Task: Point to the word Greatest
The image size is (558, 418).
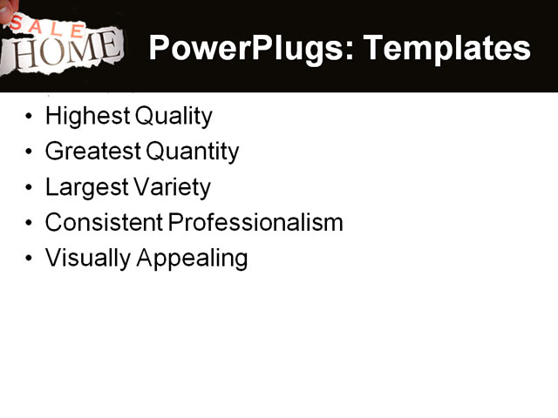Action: coord(92,152)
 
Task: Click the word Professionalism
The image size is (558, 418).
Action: coord(255,223)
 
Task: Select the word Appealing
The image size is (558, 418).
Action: coord(193,259)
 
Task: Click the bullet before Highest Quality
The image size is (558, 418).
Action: coord(31,117)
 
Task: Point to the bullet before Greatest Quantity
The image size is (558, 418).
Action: coord(31,152)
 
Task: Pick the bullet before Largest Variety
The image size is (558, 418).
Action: coord(31,188)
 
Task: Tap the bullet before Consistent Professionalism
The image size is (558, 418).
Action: coord(31,224)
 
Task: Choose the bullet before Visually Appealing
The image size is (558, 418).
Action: coord(31,260)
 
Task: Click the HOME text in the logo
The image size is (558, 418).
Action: coord(66,49)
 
